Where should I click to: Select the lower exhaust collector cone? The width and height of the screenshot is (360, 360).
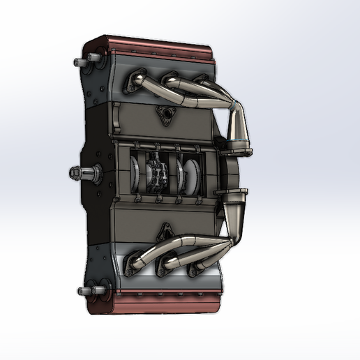click(234, 206)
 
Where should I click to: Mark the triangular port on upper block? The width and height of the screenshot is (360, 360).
click(165, 115)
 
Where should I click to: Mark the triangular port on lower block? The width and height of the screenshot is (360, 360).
click(167, 230)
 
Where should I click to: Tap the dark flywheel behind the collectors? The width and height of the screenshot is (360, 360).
click(230, 171)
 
